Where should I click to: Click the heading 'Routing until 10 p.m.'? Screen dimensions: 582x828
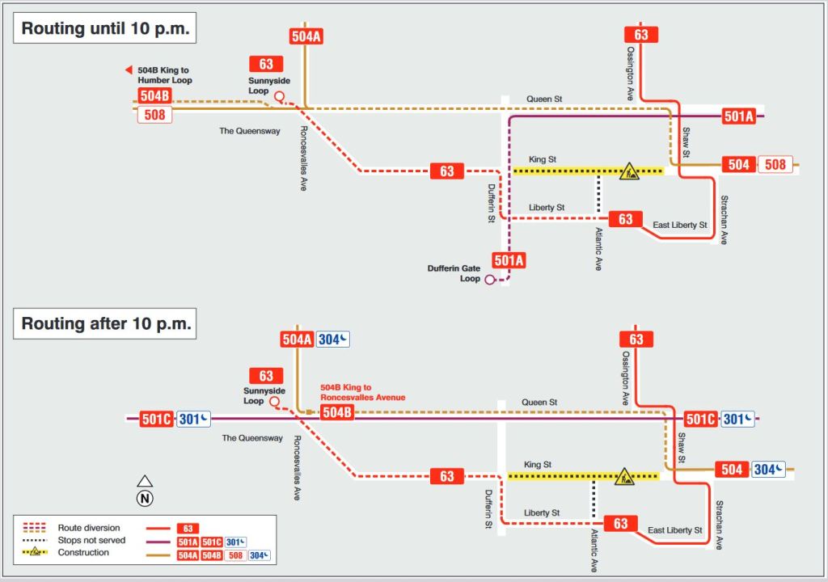pos(106,29)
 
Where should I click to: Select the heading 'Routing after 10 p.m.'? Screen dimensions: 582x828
pos(106,324)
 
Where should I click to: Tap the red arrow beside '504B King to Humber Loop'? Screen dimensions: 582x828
pos(128,71)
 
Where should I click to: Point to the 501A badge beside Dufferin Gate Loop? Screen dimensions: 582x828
pos(509,260)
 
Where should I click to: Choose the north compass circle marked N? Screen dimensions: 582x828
pos(145,498)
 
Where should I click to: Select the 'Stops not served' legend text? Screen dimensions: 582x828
pos(91,540)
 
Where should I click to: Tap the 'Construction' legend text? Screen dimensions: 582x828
pos(83,553)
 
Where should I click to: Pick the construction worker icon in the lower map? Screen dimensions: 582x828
pos(624,477)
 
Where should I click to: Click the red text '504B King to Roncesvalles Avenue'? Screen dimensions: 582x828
pos(362,393)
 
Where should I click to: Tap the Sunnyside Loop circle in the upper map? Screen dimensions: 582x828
pos(279,97)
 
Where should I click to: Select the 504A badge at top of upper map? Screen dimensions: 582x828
pos(306,36)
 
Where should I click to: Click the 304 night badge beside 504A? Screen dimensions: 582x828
pos(333,339)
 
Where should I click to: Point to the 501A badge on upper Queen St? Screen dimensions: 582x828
pos(738,116)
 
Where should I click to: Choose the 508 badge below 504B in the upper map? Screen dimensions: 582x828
pos(154,115)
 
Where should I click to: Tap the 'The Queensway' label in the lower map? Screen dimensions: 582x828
pos(252,438)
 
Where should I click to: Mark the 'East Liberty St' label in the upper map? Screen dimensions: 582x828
pos(679,225)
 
